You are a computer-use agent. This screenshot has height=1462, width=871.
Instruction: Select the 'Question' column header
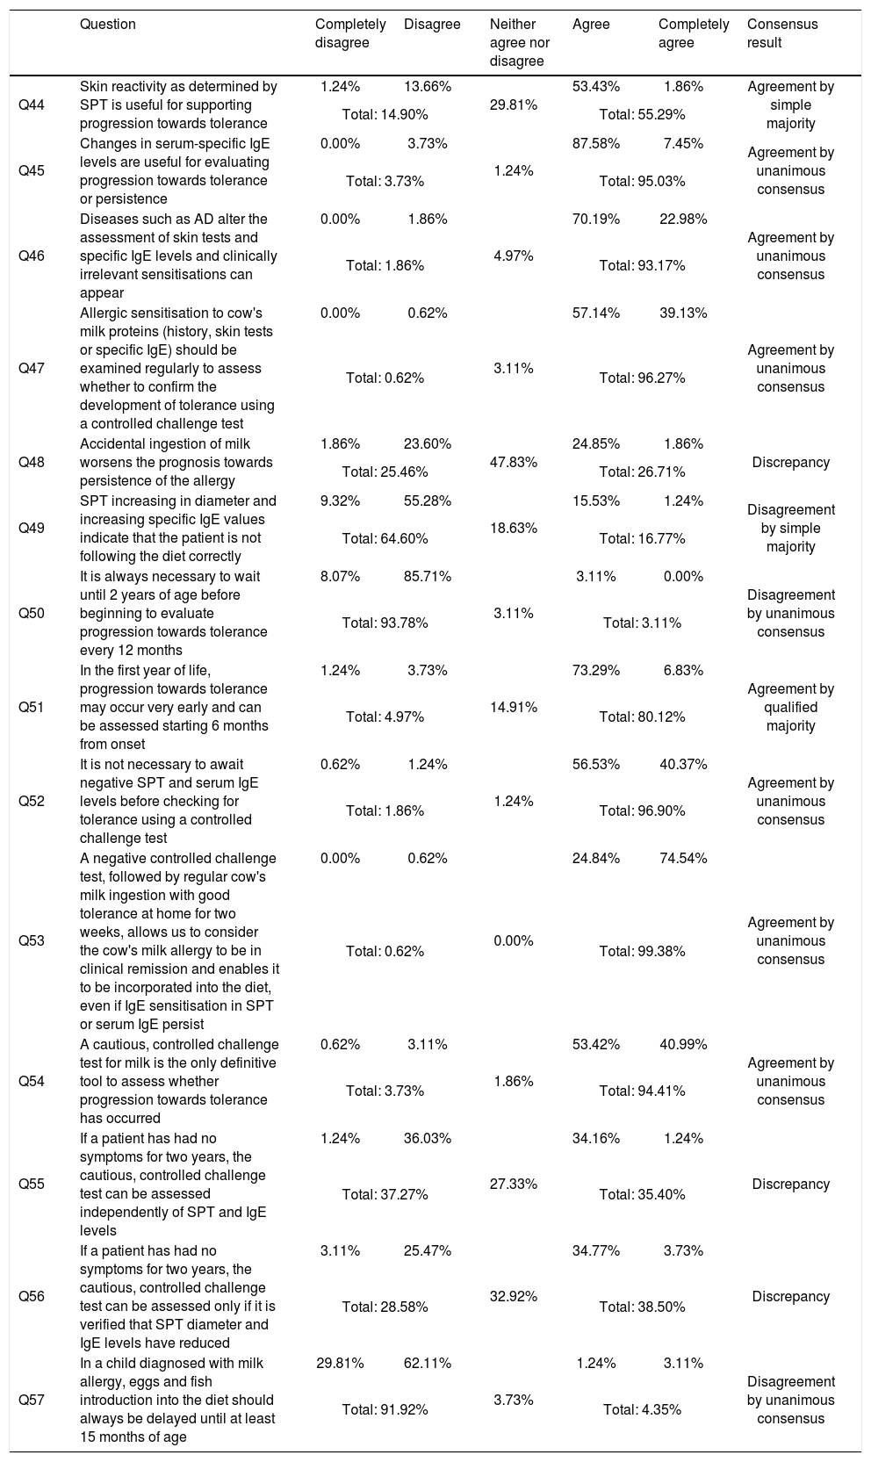click(107, 25)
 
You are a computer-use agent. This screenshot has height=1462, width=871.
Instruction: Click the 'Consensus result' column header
click(781, 33)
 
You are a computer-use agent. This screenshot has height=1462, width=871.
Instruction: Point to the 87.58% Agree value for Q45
click(595, 144)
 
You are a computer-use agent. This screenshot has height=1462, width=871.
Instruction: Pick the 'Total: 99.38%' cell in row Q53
click(642, 951)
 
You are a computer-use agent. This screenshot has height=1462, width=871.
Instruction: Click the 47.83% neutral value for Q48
click(514, 463)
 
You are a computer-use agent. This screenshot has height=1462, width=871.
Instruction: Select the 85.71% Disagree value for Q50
click(428, 577)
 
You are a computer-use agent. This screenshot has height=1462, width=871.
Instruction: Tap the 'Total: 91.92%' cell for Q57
click(385, 1410)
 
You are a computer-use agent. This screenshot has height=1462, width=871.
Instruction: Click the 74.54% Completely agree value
click(683, 859)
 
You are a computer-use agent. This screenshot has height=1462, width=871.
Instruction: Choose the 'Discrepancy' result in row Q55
click(790, 1185)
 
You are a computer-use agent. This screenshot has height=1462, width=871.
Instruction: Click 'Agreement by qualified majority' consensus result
click(790, 708)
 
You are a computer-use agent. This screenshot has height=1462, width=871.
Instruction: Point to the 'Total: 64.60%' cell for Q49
click(385, 538)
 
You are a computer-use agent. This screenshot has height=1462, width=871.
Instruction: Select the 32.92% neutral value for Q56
click(514, 1297)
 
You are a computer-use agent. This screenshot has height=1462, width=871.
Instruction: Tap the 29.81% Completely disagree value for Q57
click(340, 1364)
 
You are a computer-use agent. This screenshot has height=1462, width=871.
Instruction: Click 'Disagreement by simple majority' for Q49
click(790, 529)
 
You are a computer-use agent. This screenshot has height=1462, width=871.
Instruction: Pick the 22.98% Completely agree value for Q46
click(683, 220)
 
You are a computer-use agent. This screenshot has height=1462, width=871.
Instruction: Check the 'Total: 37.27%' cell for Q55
click(385, 1195)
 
